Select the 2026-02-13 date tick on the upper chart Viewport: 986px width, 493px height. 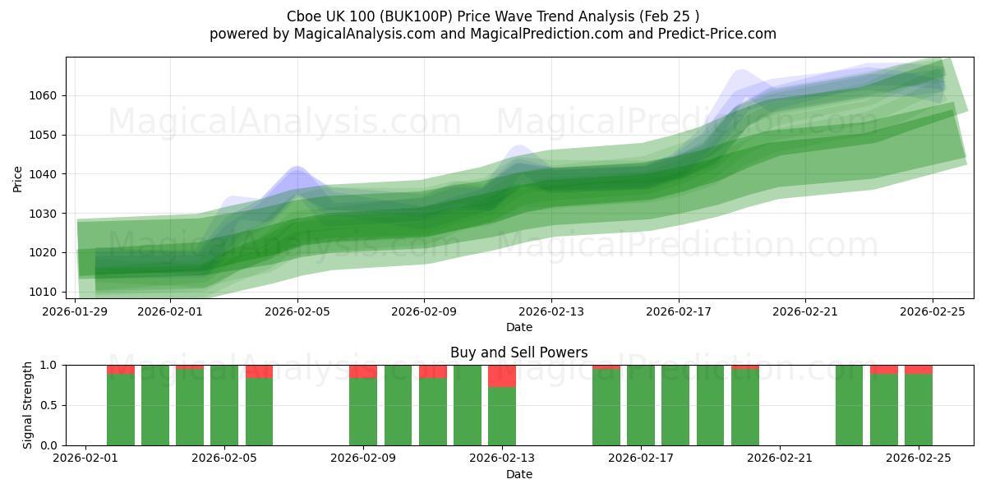551,311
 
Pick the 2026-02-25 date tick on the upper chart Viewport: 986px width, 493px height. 933,311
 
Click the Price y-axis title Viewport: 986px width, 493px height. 18,178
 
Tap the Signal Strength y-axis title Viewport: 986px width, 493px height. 28,405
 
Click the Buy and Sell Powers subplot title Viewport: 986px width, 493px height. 518,352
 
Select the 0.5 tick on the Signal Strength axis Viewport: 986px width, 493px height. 48,405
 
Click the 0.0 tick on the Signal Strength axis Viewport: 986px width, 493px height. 48,445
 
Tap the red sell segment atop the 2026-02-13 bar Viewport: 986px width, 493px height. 502,376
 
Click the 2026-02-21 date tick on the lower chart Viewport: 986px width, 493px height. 779,458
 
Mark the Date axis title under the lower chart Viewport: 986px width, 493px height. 518,474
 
